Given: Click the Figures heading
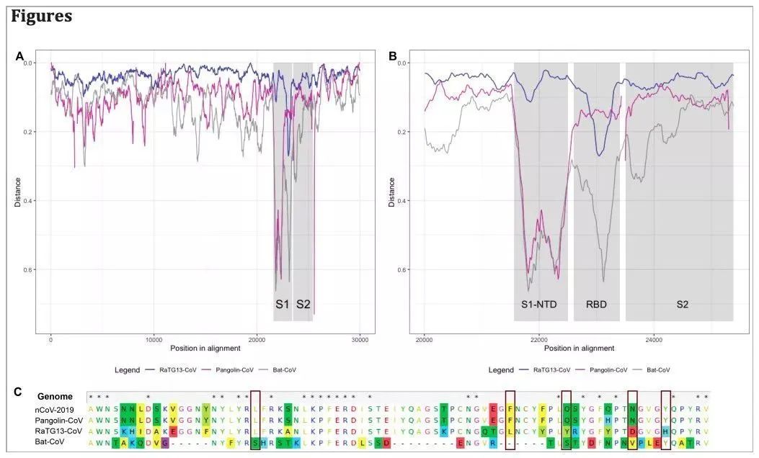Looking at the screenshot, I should (41, 16).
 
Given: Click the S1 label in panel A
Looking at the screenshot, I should (282, 305).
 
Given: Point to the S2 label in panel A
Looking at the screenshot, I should (303, 305).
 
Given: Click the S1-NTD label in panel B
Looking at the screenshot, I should (540, 305).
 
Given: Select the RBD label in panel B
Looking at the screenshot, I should (596, 305).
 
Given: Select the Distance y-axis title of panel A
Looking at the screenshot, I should (18, 193).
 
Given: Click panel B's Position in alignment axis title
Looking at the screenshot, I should (577, 348).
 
